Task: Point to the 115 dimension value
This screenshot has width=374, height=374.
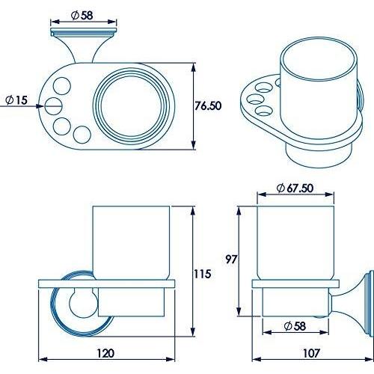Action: [201, 274]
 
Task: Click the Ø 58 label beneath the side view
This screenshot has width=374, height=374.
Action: [292, 326]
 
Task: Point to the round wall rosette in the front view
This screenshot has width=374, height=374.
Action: [73, 307]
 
